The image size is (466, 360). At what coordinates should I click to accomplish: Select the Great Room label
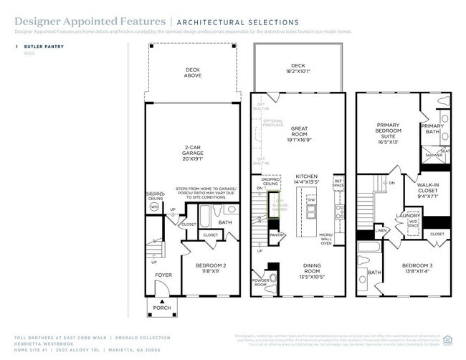point(299,133)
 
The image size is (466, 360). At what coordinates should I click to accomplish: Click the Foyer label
point(163,275)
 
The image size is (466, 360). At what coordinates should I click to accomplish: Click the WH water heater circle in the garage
point(154,207)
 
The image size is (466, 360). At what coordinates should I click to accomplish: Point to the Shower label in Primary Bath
point(433,155)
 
